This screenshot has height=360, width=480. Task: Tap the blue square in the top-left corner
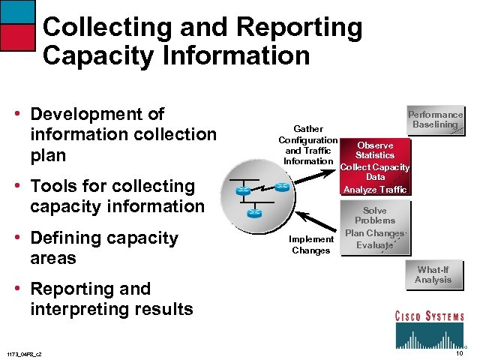(17, 11)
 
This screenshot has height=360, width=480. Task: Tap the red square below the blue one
(17, 37)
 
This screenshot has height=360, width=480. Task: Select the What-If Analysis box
(433, 274)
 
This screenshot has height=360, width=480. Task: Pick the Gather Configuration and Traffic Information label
(307, 145)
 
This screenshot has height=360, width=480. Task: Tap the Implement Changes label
(310, 244)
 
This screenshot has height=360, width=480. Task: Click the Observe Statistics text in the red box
(375, 150)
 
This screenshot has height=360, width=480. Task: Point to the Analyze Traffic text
(375, 190)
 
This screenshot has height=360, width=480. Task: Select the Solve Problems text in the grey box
(375, 216)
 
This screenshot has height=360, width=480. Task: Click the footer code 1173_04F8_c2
(24, 354)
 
